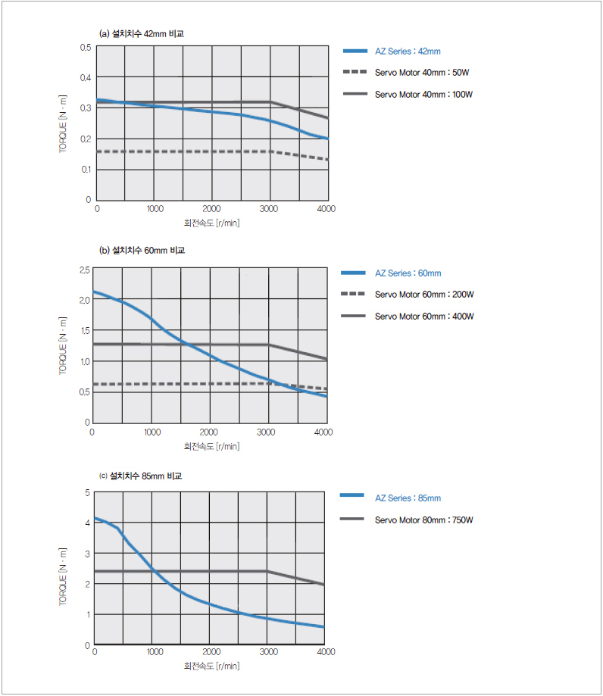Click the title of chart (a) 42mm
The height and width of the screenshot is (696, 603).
(141, 34)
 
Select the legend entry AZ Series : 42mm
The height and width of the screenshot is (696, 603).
(407, 51)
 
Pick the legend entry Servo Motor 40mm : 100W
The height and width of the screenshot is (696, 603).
(424, 95)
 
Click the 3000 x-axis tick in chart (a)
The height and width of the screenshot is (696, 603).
(270, 209)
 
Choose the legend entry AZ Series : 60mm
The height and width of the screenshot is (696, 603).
(408, 273)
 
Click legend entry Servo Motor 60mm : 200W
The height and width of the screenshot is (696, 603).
(424, 295)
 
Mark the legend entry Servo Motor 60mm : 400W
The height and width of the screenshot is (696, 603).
(424, 317)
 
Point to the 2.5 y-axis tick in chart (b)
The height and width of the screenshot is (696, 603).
(83, 270)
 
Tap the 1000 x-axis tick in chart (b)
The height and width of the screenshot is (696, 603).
(152, 432)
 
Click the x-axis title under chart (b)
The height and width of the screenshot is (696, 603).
(211, 446)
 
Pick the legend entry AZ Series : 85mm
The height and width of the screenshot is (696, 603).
(408, 498)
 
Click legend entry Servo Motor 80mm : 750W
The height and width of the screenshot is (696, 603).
(424, 520)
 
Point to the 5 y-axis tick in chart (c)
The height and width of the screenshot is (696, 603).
(87, 493)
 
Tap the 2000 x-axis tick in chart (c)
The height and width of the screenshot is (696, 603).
(211, 652)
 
